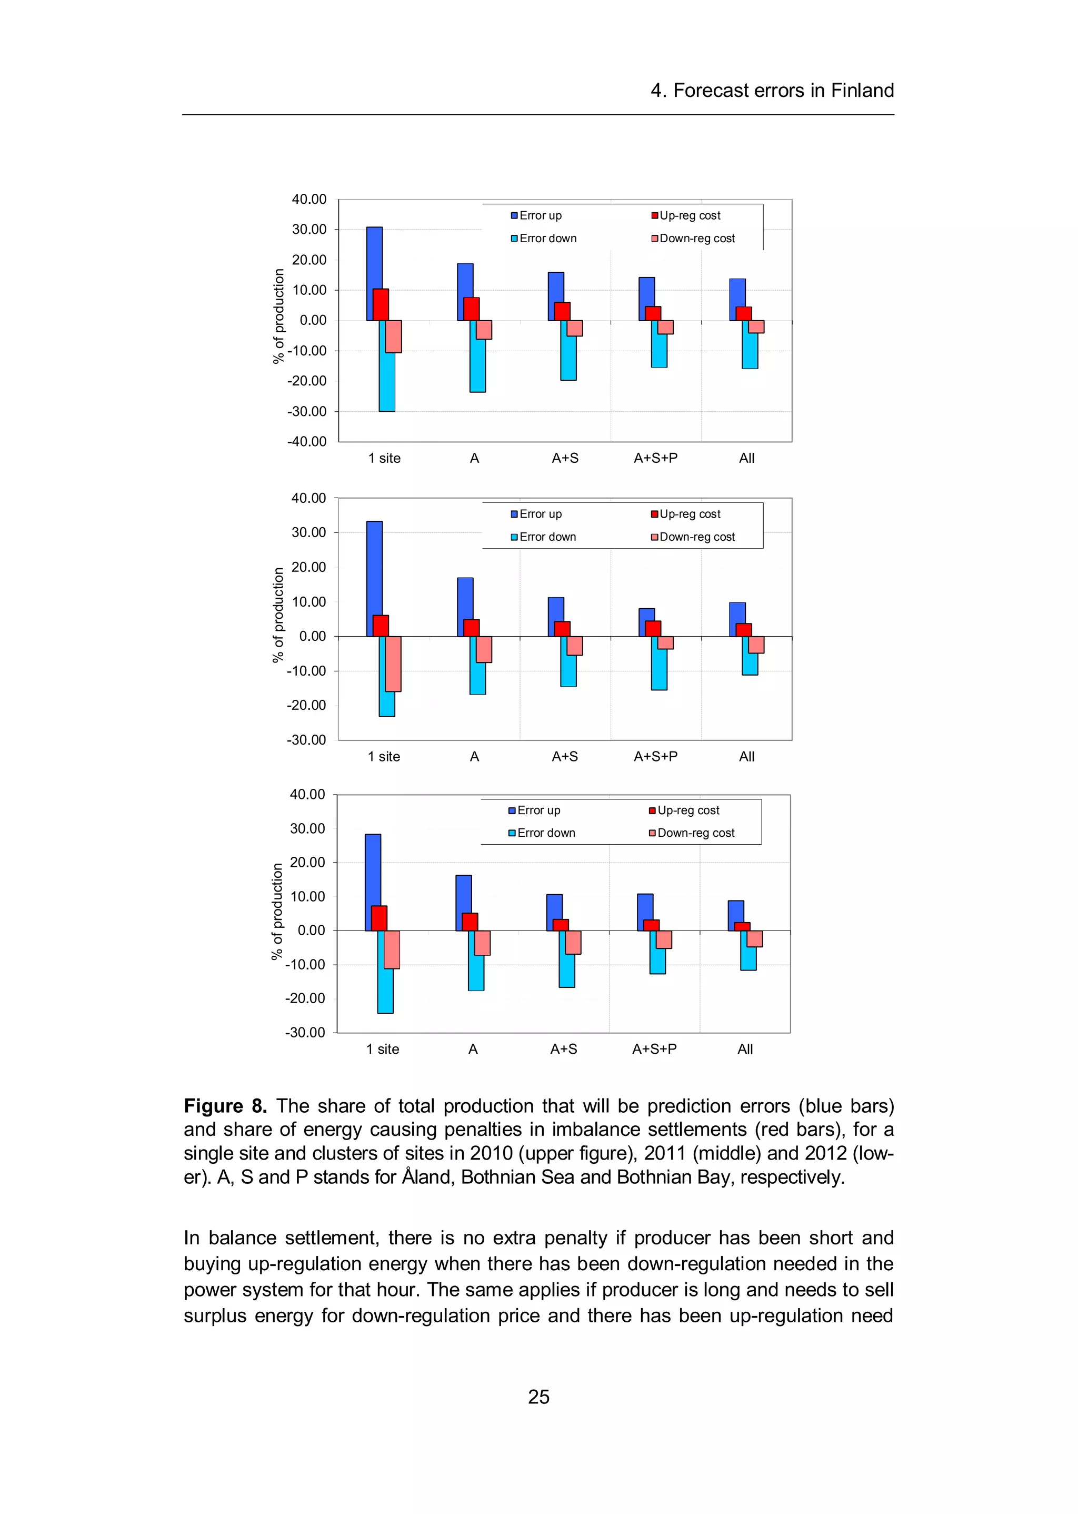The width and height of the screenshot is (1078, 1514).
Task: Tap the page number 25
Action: pos(538,1397)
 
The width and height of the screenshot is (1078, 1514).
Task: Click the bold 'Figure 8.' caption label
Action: pos(225,1106)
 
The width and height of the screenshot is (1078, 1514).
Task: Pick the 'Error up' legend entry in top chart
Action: pos(536,216)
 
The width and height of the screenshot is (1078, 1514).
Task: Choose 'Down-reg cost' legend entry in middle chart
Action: pos(693,537)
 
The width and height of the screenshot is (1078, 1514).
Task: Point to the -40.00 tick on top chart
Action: pos(307,442)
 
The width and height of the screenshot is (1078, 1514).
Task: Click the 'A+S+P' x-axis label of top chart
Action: pos(655,458)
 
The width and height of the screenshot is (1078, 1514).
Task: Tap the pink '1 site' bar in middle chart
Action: pos(394,664)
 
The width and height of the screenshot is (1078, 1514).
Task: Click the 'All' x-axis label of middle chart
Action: pos(747,756)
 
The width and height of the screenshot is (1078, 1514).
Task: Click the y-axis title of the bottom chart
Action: pos(277,911)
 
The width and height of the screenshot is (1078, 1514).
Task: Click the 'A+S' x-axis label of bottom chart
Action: pos(564,1049)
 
